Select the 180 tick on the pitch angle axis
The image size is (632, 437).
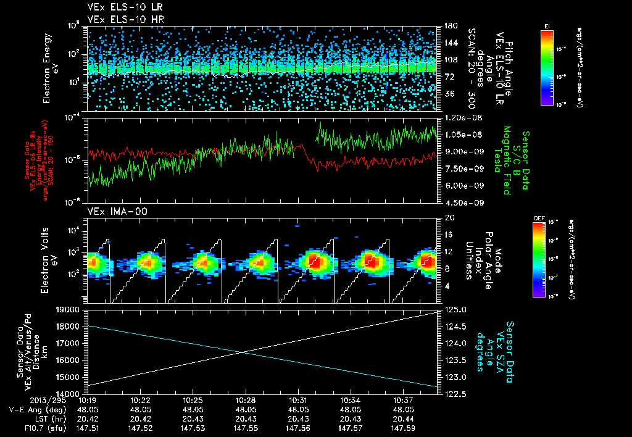(449, 25)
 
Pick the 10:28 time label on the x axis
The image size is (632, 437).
(246, 400)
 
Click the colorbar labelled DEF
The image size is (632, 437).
(547, 260)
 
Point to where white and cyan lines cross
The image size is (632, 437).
(243, 352)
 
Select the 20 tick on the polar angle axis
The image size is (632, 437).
(449, 218)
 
